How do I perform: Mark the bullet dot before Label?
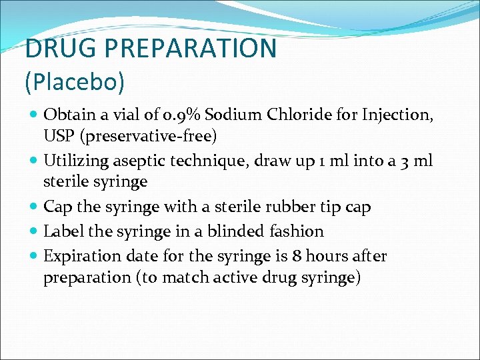point(33,232)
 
